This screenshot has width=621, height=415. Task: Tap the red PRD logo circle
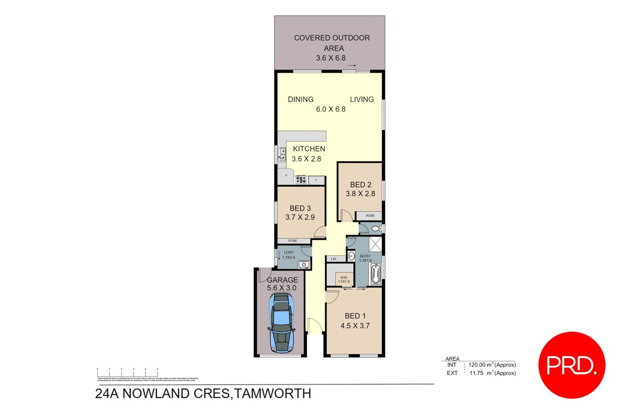coord(572,365)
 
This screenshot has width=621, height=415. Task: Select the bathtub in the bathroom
coord(375,274)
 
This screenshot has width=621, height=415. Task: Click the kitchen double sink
coord(282,155)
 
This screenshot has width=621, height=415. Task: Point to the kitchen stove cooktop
coord(301,180)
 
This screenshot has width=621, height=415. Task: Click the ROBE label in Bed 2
coord(370,216)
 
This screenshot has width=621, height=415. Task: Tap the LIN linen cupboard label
coord(334,259)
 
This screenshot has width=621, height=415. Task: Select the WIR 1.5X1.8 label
coord(344,279)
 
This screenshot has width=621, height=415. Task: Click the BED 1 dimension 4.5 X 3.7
coord(355,326)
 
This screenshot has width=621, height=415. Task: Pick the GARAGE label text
coord(282,280)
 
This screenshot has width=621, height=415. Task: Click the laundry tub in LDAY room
coord(304,265)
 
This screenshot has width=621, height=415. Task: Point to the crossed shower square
coord(375,244)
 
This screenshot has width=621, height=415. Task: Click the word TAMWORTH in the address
coord(273,394)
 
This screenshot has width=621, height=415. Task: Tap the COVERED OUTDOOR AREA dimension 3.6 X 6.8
coord(331,58)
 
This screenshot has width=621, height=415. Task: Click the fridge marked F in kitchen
coord(316,180)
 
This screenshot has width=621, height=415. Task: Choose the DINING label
coord(300,99)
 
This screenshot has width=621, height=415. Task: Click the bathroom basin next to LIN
coord(351,256)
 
